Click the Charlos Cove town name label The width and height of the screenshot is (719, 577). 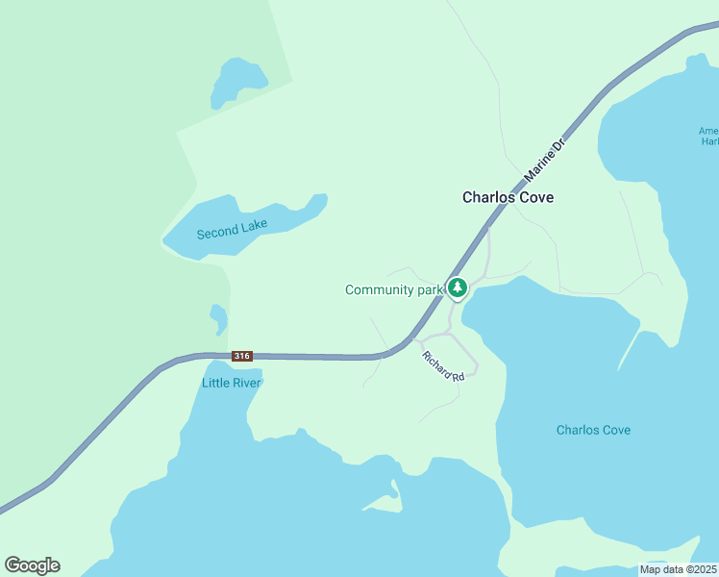508,197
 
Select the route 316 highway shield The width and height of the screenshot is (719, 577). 241,356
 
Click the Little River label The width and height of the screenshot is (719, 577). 232,382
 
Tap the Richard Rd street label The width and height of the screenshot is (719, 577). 443,365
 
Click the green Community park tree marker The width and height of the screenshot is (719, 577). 459,288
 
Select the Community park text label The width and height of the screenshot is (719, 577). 393,289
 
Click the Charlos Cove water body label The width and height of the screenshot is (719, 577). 593,430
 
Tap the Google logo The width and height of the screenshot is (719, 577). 32,565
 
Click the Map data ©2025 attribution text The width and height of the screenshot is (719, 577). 679,569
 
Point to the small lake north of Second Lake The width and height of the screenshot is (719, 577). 231,83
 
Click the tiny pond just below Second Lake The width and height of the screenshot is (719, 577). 219,317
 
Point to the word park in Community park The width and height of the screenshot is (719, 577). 428,289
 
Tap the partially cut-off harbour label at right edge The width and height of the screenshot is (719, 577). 709,136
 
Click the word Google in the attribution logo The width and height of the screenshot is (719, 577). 32,565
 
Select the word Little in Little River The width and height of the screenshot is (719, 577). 215,382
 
